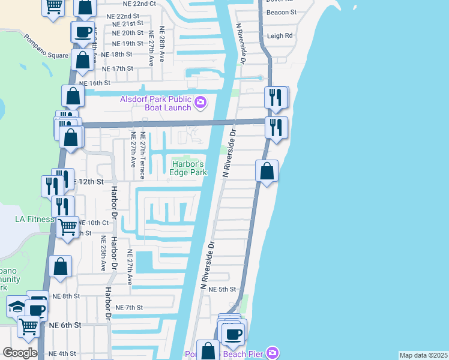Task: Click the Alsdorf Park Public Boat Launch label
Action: [155, 103]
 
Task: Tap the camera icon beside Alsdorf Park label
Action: [200, 104]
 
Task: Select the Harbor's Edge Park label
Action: [189, 168]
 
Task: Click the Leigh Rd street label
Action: [280, 36]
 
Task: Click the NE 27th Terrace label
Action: [142, 155]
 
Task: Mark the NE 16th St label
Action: [95, 83]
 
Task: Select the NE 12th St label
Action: [88, 181]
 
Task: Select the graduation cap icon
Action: [17, 307]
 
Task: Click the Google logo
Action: [19, 353]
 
